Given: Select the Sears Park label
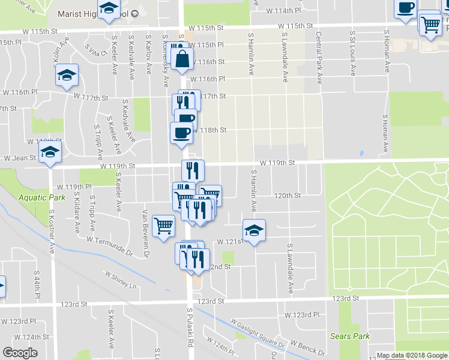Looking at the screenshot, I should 351,336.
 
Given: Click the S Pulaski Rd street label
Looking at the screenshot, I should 190,328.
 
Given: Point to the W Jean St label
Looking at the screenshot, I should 20,158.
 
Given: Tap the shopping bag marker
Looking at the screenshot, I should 182,59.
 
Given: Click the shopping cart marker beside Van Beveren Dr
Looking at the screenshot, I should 163,226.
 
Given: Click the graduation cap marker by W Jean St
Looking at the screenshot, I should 51,151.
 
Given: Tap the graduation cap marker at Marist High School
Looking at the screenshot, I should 109,8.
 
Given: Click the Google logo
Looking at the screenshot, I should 20,352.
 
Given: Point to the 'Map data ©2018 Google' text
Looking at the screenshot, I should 411,355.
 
